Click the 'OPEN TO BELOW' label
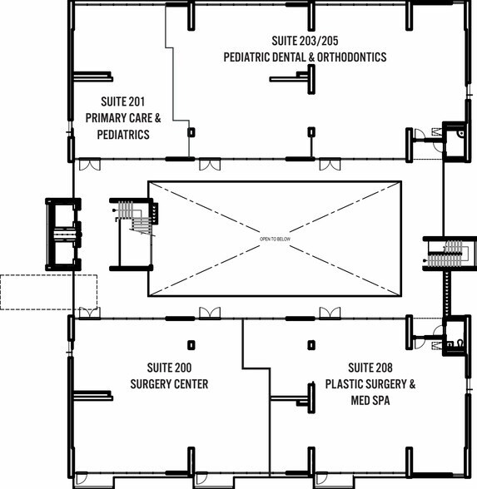[275, 240]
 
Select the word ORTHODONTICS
[352, 57]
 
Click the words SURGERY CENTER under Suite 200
[169, 384]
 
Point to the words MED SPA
[370, 401]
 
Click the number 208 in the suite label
[383, 368]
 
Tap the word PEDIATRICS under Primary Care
[123, 135]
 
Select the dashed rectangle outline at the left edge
[48, 292]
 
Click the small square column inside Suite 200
[191, 345]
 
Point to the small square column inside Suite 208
[311, 345]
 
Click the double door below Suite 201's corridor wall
[90, 165]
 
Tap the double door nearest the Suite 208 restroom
[330, 313]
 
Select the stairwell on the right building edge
[450, 254]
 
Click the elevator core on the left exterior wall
[63, 235]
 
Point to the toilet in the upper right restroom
[460, 134]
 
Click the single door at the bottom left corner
[82, 478]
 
